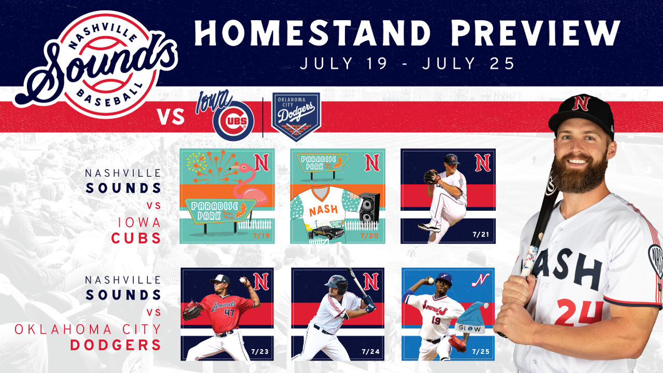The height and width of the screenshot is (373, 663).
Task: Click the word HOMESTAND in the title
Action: (x=312, y=33)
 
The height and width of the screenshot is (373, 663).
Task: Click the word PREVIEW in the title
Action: (x=535, y=33)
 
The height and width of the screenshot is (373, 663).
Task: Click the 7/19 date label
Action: (x=262, y=236)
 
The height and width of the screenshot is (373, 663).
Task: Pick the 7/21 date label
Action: (x=481, y=235)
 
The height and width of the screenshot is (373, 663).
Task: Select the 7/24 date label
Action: (x=370, y=352)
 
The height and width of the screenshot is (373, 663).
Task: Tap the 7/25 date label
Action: (x=481, y=352)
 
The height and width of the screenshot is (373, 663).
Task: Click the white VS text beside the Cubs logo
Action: (x=171, y=117)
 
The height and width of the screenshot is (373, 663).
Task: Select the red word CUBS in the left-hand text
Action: (x=136, y=238)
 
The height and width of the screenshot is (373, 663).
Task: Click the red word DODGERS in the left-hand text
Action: (x=116, y=345)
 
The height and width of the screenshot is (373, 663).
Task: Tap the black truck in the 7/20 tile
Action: (x=326, y=233)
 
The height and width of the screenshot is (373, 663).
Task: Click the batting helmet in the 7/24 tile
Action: (x=337, y=284)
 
